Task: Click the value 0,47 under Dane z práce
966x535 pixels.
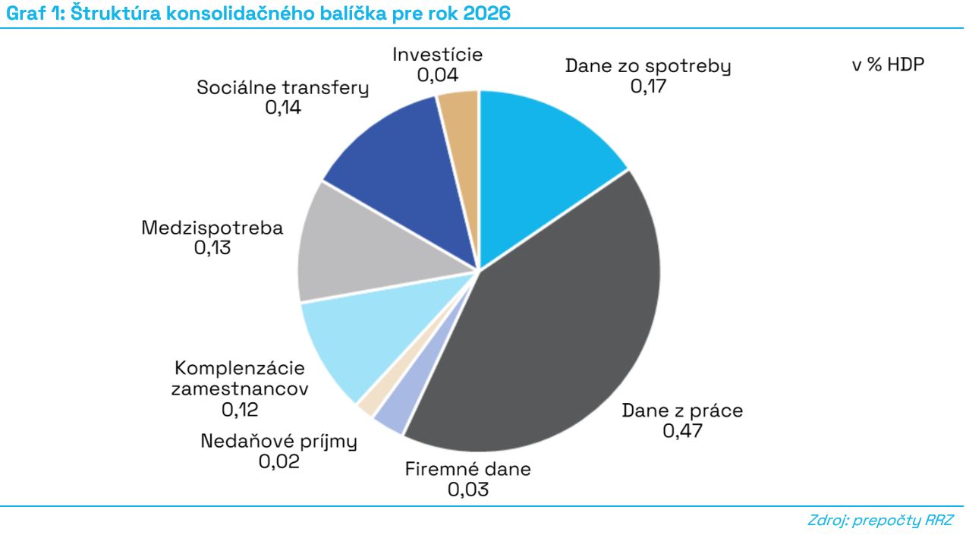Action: pyautogui.click(x=682, y=431)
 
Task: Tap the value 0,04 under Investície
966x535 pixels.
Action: pyautogui.click(x=437, y=74)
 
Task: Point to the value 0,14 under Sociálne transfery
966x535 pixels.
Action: pyautogui.click(x=282, y=107)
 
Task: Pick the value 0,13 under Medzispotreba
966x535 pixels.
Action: pyautogui.click(x=212, y=247)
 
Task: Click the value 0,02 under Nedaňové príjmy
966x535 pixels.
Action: pyautogui.click(x=278, y=461)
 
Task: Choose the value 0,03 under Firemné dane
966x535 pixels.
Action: pyautogui.click(x=467, y=489)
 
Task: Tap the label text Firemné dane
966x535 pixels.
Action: pyautogui.click(x=467, y=468)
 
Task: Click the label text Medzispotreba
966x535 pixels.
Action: pyautogui.click(x=212, y=228)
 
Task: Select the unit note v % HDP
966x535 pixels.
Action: pyautogui.click(x=888, y=65)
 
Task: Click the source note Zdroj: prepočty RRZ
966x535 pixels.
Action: pyautogui.click(x=879, y=521)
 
